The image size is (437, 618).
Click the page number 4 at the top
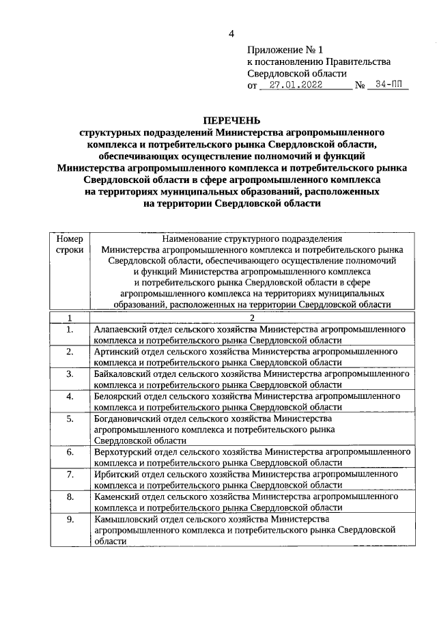point(231,34)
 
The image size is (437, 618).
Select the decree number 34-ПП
point(388,85)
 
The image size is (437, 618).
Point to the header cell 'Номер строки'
point(69,244)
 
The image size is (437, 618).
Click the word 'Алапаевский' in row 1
point(119,329)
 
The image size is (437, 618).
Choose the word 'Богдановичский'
point(126,418)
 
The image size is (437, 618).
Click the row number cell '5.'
point(70,418)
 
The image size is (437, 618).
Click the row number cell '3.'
point(70,374)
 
